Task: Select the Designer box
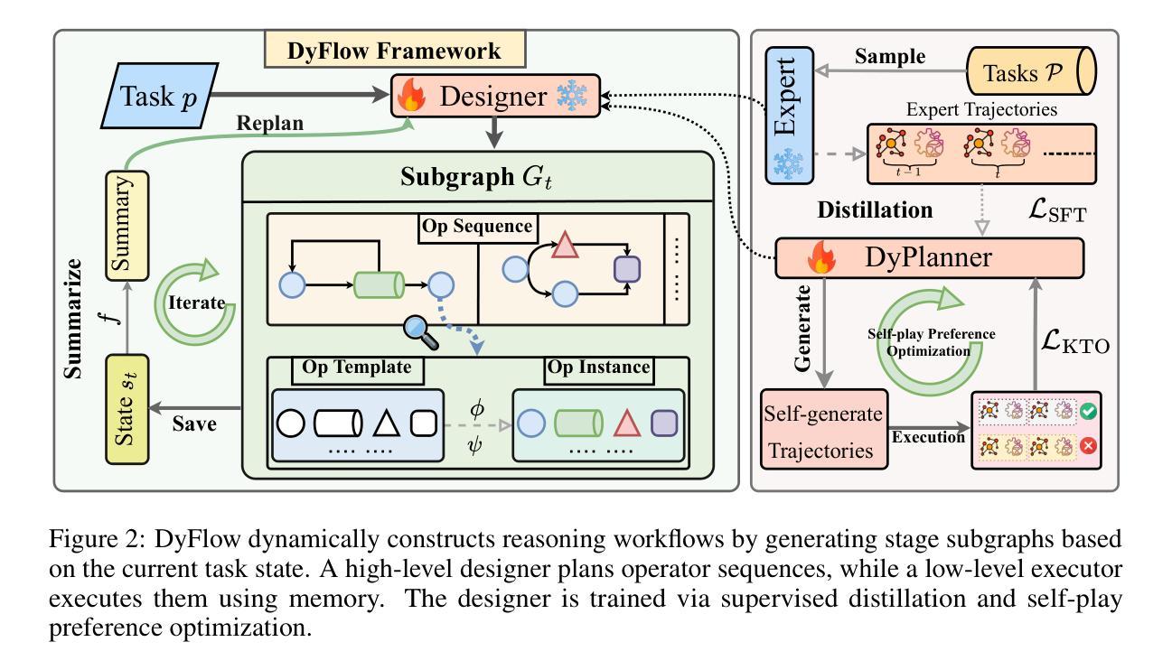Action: [x=495, y=97]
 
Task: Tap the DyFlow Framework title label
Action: [x=394, y=51]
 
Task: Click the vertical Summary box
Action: [x=127, y=225]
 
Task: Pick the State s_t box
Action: [x=127, y=409]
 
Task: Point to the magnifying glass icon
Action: [x=421, y=330]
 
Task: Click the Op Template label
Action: [x=357, y=368]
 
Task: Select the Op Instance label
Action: [x=598, y=368]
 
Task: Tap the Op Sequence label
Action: [x=477, y=227]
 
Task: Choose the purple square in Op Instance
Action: [x=664, y=423]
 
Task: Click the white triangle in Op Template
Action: [x=387, y=423]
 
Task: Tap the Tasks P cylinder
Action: [x=1030, y=73]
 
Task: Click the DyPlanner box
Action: [x=929, y=259]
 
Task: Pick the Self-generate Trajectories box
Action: [x=824, y=430]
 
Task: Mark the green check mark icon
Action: [x=1088, y=411]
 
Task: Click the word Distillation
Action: [x=875, y=209]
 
